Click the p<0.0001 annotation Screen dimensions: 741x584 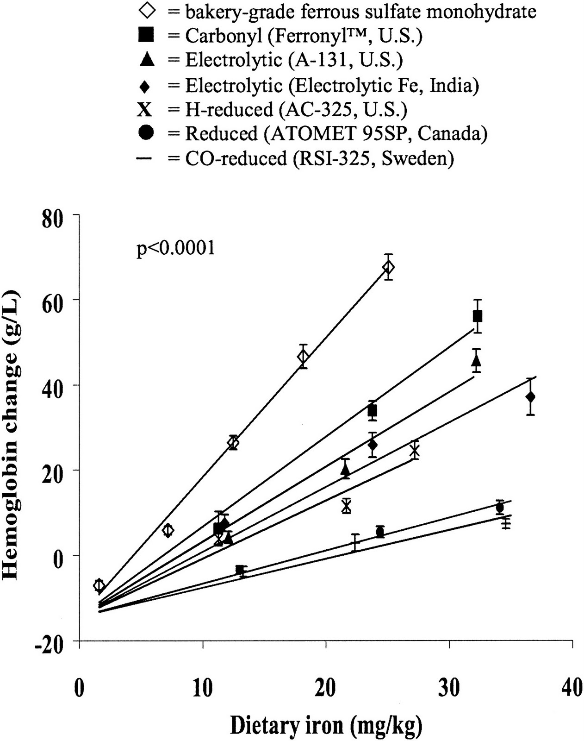(176, 249)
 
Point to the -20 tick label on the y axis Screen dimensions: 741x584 (51, 643)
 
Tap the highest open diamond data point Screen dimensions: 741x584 (389, 267)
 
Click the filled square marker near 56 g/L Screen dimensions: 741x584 (478, 316)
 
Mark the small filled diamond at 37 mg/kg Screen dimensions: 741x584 (531, 397)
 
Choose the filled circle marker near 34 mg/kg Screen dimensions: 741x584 (499, 508)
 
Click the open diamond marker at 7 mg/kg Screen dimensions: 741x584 (168, 531)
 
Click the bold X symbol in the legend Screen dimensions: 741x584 (146, 110)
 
